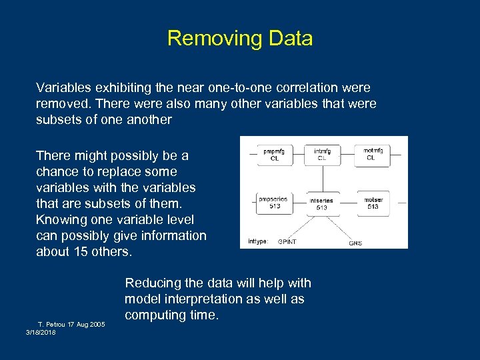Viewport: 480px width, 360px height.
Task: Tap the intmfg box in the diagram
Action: point(322,154)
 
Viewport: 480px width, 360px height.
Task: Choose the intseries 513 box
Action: point(322,203)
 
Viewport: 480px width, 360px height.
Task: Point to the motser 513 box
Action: point(373,202)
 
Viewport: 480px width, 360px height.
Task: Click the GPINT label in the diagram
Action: point(287,241)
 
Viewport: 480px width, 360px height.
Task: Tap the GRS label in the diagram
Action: point(355,243)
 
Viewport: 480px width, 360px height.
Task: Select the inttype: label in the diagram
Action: point(258,241)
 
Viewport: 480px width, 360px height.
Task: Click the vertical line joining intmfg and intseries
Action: point(323,178)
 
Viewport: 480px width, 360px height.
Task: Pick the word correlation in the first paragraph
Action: point(321,87)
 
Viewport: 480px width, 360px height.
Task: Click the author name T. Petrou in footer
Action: point(53,324)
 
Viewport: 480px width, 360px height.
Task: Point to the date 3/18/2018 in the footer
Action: point(41,332)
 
